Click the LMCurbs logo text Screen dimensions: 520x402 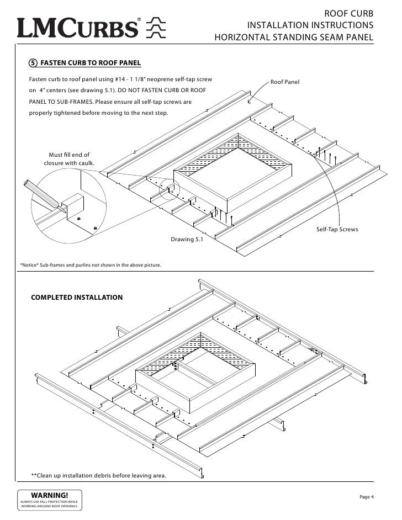pos(77,28)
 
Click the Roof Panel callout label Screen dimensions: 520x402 pos(284,82)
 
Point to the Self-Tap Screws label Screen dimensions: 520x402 pos(337,229)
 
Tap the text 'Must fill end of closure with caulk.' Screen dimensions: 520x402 pos(69,159)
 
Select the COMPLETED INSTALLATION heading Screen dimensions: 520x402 pos(77,298)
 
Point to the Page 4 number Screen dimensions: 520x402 pos(367,497)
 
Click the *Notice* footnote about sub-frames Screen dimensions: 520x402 pos(91,266)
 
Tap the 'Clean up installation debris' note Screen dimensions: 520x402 pos(98,475)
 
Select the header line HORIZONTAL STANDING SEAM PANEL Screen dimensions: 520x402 pos(294,38)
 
